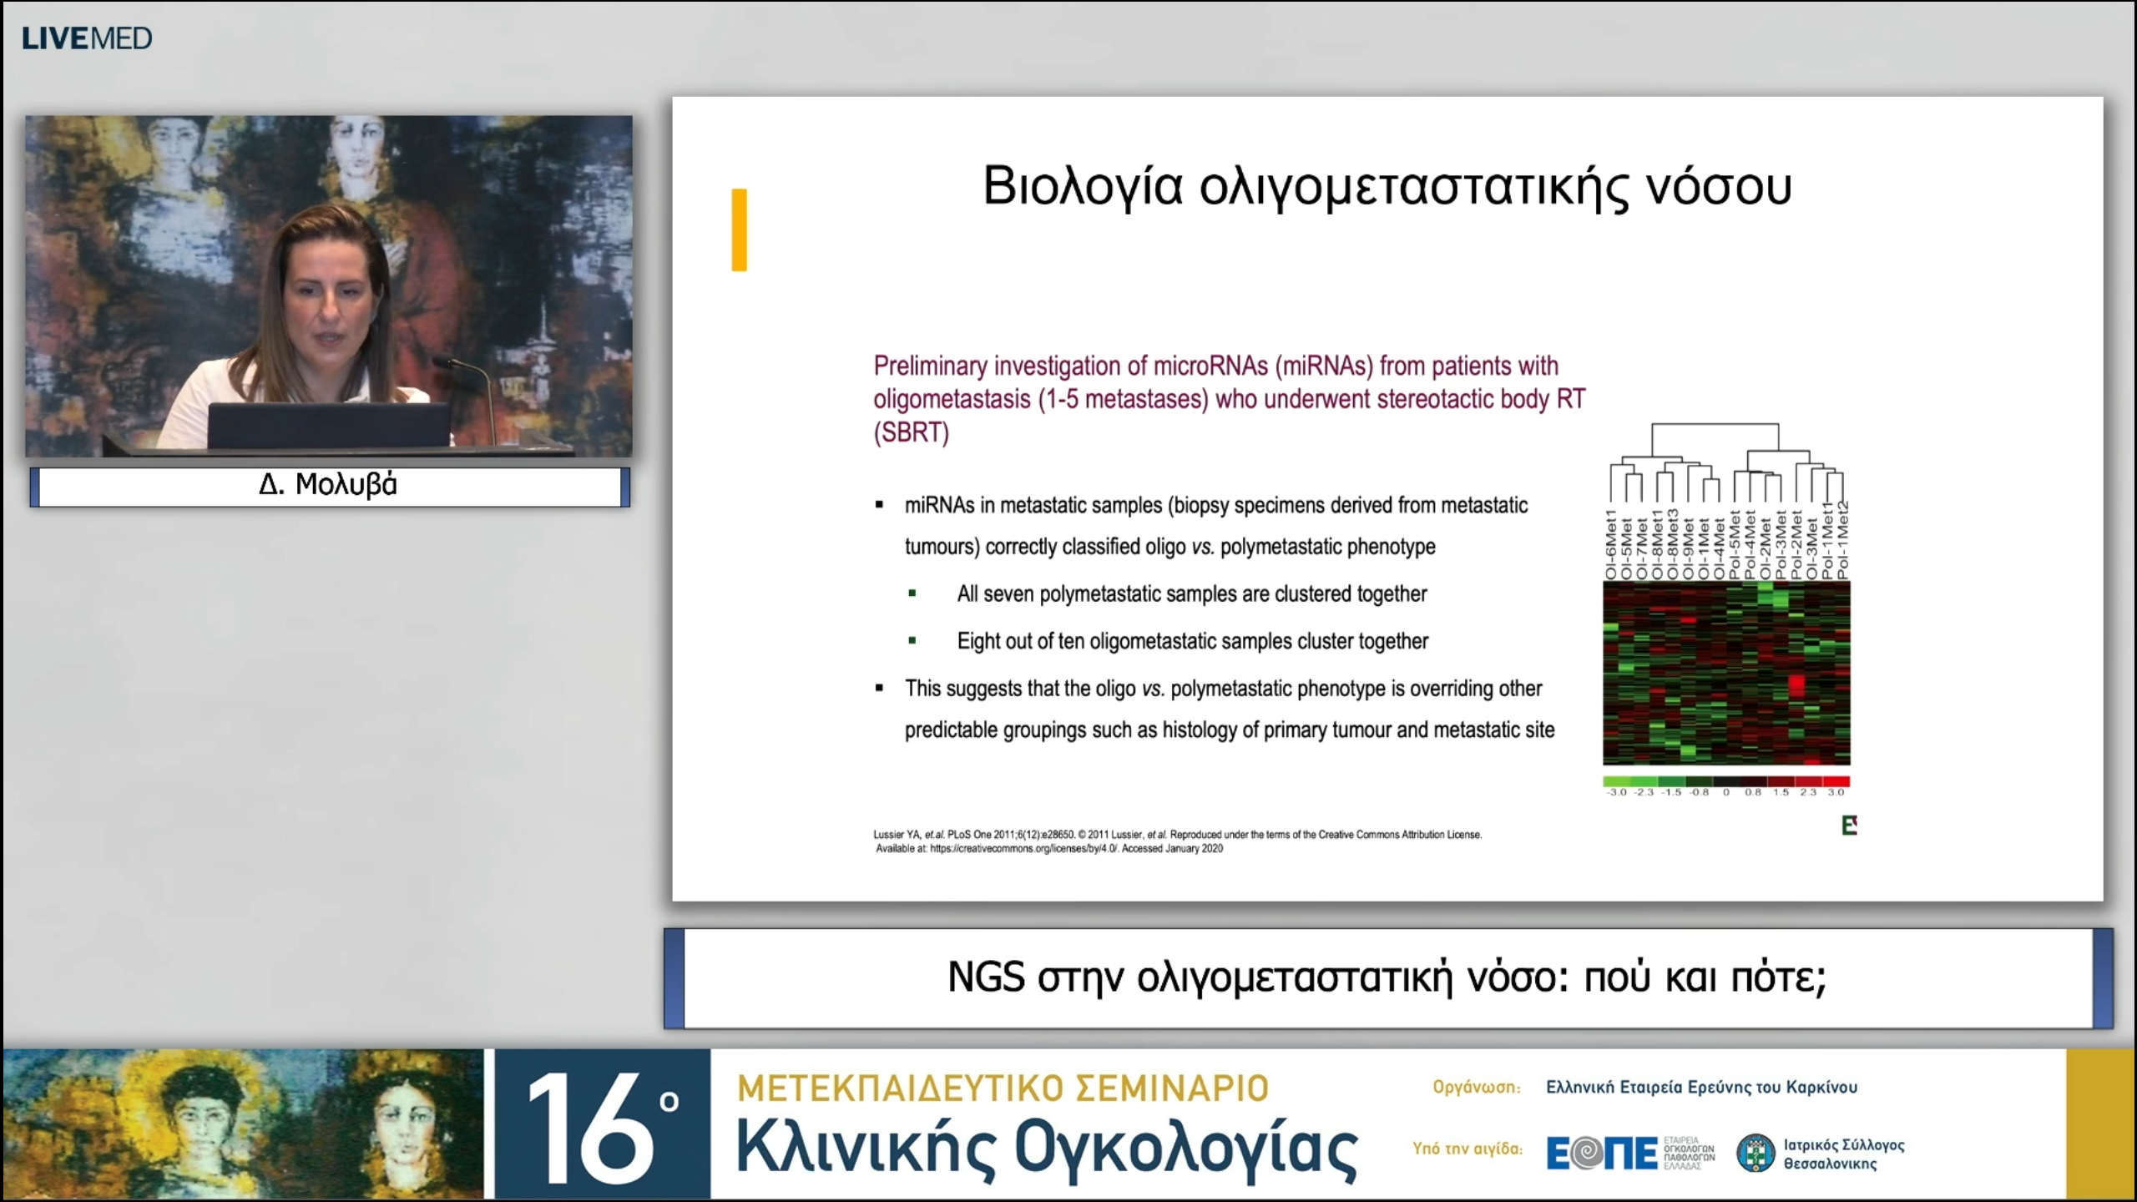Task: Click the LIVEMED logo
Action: click(x=87, y=38)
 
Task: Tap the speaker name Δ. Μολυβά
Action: click(x=328, y=485)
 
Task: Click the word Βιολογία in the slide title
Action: click(x=1083, y=187)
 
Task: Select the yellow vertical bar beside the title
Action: click(x=739, y=230)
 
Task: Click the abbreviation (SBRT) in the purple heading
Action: click(x=911, y=432)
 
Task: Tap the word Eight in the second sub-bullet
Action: click(x=978, y=641)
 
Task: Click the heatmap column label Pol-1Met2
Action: click(x=1843, y=542)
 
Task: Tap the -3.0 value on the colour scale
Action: click(x=1617, y=792)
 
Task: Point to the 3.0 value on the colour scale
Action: click(x=1836, y=792)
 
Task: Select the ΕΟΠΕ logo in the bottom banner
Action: click(x=1602, y=1154)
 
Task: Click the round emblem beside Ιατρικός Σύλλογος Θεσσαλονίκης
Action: click(x=1755, y=1154)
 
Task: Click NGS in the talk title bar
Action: click(x=986, y=977)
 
